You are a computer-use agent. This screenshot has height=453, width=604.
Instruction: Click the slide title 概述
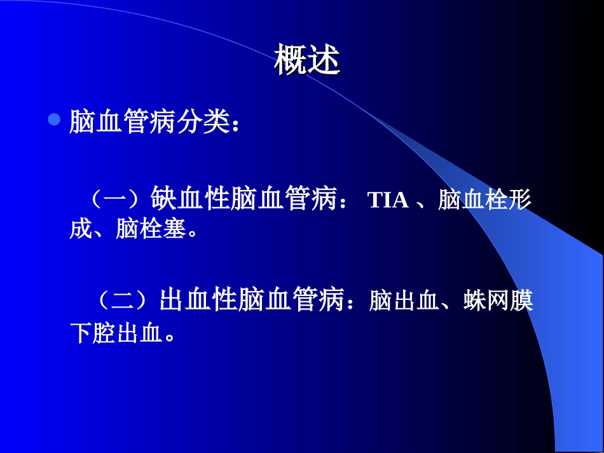[308, 62]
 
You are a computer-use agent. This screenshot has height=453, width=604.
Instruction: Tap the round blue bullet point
[55, 119]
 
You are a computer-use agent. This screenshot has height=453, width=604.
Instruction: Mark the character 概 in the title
[291, 62]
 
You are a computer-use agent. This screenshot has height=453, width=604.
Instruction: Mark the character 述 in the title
[324, 62]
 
